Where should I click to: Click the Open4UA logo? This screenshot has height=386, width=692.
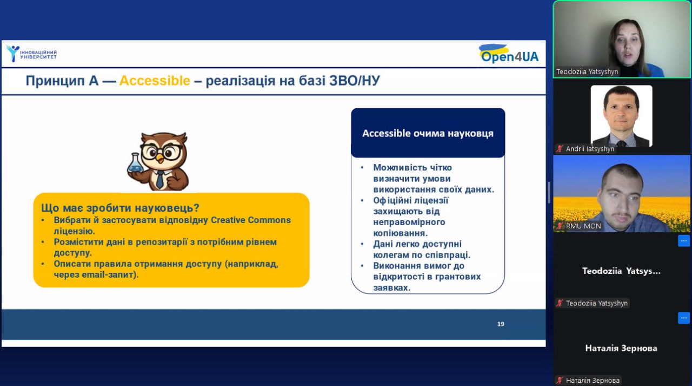pos(509,54)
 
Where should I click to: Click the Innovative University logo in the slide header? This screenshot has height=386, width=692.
pos(31,54)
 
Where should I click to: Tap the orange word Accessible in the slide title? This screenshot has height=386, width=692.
pos(155,81)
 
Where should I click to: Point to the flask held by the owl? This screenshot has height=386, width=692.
pos(135,163)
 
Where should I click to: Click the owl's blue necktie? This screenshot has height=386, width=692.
pos(159,179)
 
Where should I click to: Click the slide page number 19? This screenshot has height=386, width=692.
pos(501,324)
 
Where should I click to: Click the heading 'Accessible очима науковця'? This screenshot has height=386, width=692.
pos(428,133)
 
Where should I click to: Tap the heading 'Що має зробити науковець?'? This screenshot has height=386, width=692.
pos(120,208)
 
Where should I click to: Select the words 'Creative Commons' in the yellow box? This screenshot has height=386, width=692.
pos(250,220)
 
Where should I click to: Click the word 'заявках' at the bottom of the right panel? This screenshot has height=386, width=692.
pos(391,287)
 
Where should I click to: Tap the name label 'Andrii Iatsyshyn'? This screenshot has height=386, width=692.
pos(590,149)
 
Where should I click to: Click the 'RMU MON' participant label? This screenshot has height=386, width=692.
pos(583,226)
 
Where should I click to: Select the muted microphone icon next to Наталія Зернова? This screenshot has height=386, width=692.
pos(560,380)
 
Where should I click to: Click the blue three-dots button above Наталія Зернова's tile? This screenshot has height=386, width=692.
pos(684,318)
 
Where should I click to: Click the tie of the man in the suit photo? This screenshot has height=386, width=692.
pos(621,143)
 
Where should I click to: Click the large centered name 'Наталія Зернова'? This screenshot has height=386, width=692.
pos(621,348)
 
